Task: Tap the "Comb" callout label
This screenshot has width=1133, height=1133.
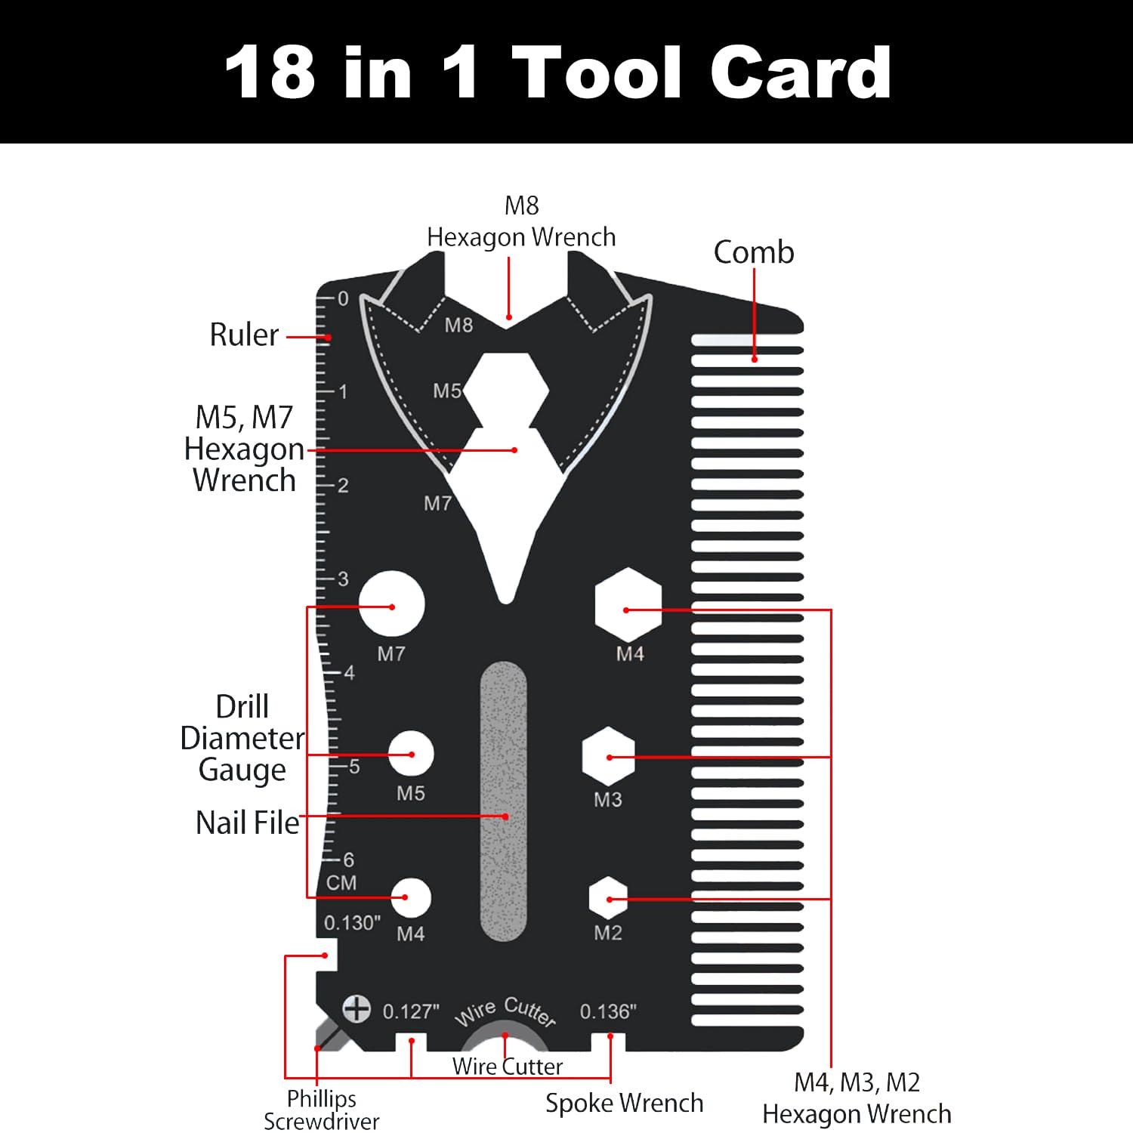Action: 754,252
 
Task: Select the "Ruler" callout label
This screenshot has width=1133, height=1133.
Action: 244,335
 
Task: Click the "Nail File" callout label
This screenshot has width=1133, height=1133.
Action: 248,823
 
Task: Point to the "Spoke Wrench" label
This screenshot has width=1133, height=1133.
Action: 624,1104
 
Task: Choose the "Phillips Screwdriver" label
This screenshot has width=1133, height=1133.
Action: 322,1110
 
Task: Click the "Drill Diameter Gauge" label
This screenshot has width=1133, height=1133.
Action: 242,739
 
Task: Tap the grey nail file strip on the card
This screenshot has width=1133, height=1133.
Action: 504,801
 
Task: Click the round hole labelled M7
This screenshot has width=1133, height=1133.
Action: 391,604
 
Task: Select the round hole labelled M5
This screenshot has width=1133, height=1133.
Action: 412,753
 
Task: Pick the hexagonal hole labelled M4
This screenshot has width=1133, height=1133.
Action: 628,606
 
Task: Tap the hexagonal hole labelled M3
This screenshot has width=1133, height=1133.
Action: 609,757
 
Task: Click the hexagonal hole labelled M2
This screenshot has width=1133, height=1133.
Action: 609,899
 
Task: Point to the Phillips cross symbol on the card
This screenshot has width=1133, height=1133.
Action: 357,1008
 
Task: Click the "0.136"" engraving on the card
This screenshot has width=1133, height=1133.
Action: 608,1011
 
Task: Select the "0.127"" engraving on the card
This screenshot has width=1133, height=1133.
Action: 411,1011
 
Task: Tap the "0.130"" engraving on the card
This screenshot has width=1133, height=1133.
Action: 352,923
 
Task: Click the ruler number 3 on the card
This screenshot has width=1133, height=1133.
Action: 343,579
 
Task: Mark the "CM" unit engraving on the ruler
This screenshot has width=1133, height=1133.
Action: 341,882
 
